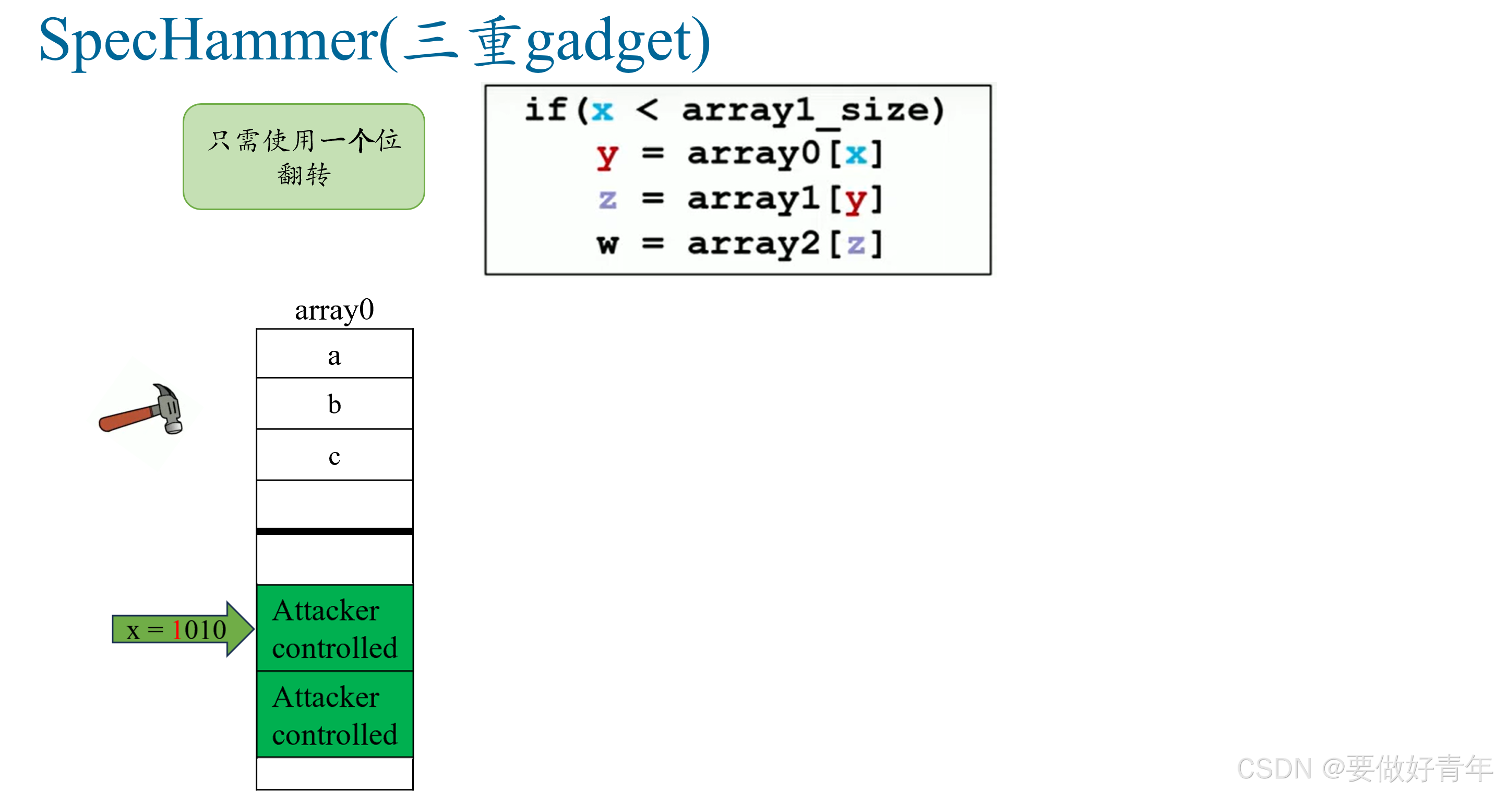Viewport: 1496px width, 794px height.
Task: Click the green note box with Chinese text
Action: (304, 157)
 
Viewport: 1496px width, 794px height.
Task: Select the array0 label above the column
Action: (334, 310)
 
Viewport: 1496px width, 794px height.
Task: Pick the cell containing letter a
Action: (334, 354)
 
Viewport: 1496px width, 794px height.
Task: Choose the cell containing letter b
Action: (334, 404)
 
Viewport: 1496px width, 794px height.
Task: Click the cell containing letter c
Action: (334, 455)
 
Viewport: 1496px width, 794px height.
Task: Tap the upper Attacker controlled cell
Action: (334, 628)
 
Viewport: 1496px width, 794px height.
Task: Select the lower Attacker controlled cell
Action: (334, 714)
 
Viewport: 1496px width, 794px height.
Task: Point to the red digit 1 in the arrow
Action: (177, 630)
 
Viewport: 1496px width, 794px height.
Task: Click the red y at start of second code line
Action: (607, 155)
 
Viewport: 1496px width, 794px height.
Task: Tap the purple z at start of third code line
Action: (607, 199)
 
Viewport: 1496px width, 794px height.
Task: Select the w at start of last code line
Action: (607, 244)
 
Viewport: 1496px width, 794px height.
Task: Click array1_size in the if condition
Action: (812, 111)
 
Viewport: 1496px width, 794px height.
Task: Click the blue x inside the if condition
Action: (602, 111)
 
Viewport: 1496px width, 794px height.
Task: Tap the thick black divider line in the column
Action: (334, 531)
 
